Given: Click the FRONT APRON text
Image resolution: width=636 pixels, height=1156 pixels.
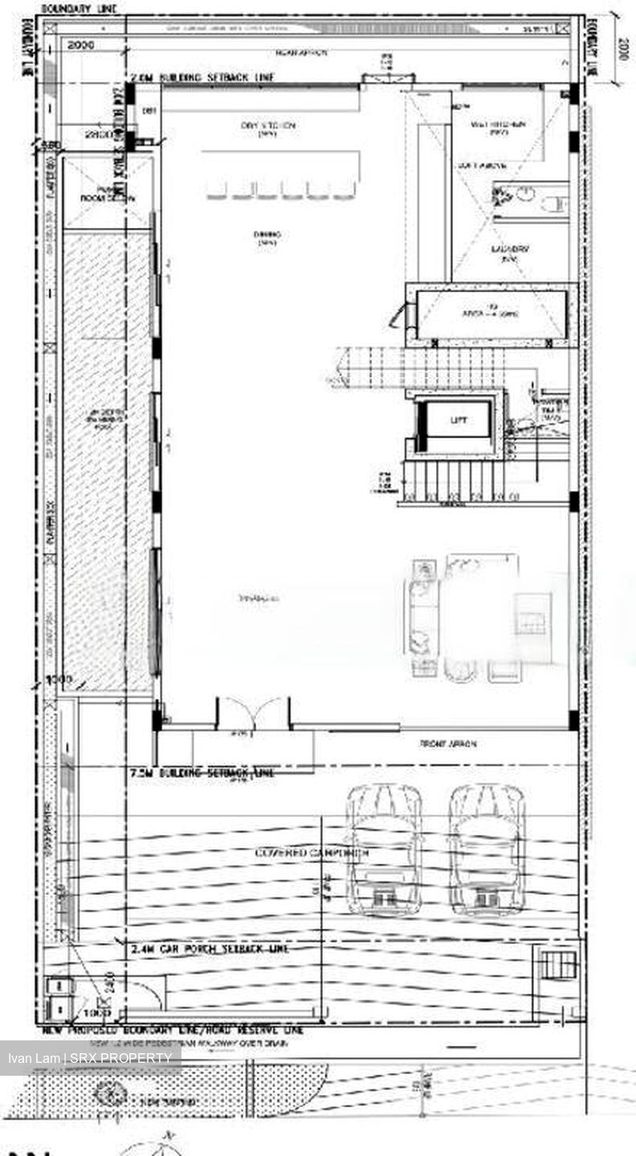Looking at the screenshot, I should tap(448, 744).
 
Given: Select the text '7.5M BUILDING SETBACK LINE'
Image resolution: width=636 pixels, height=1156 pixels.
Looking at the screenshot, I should tap(202, 773).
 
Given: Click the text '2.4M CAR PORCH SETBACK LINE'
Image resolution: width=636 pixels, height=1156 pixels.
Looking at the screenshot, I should tap(210, 949).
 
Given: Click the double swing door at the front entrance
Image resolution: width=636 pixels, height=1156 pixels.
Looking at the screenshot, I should tap(253, 713).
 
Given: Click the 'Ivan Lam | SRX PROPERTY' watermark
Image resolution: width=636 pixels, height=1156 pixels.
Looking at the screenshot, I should tap(90, 1057).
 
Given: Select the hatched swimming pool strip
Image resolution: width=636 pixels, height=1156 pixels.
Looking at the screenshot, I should tap(107, 458).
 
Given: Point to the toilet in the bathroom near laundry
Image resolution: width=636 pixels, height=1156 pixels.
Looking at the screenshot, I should tap(554, 204).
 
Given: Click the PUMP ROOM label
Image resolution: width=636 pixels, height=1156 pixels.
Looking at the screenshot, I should tap(107, 195).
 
